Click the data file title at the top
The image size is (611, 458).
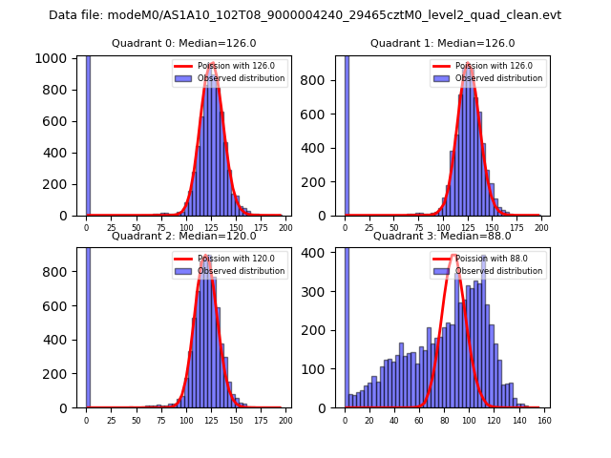coord(305,15)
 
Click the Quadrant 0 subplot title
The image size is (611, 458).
coord(183,44)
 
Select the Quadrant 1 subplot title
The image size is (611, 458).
coord(442,44)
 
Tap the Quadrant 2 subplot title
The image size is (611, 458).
coord(183,236)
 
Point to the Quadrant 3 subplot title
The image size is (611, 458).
coord(442,236)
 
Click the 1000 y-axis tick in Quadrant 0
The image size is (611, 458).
coord(52,58)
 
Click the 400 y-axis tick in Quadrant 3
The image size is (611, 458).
coord(315,253)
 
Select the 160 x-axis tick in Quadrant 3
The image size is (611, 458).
coord(544,420)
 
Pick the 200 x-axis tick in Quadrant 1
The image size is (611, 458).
coord(541,228)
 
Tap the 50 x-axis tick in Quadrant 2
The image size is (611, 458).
coord(136,420)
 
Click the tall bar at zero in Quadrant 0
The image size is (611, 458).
coord(88,134)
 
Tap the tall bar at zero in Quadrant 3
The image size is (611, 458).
coord(346,324)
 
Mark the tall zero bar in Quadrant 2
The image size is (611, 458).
coord(88,324)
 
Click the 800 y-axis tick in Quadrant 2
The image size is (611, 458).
coord(56,271)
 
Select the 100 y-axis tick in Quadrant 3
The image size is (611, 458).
coord(315,369)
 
